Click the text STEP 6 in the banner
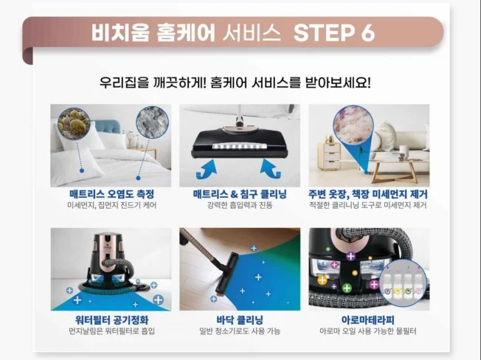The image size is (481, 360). point(334,32)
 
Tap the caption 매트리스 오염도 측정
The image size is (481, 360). point(111,194)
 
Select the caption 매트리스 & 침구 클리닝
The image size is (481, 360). point(240,194)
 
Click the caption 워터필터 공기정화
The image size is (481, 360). point(111,320)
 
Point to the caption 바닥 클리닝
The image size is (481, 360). point(240,320)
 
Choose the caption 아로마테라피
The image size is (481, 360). point(368,320)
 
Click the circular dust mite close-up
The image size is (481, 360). point(74,123)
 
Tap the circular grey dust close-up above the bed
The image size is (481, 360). point(152,122)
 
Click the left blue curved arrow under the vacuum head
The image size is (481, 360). point(207,169)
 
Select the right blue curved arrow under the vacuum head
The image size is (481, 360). point(271,169)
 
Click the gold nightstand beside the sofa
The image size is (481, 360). point(329,156)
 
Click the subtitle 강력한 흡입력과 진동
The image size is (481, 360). point(240,205)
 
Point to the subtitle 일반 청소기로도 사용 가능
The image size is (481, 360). point(240,331)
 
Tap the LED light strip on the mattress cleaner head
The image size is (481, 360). point(237,148)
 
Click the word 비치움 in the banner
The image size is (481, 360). point(120,32)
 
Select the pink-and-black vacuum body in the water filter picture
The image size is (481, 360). point(108,257)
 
